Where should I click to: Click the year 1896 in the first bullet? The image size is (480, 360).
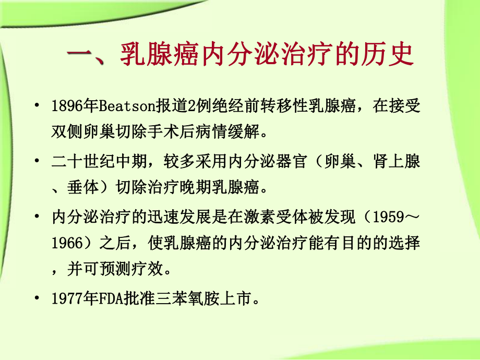(x=66, y=107)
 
